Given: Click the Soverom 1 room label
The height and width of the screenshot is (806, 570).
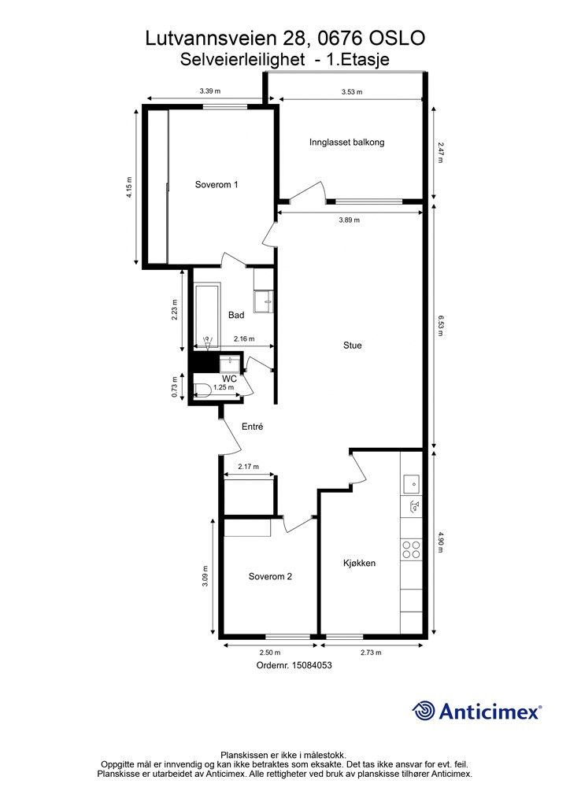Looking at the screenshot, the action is coord(217,184).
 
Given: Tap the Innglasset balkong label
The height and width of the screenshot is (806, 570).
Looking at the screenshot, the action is coord(347,142).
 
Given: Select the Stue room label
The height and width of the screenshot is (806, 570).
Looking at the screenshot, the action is coord(353,346).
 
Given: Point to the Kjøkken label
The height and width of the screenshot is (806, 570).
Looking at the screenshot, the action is coord(359,564).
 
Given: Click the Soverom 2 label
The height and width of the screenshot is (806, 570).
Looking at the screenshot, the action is coord(270,577).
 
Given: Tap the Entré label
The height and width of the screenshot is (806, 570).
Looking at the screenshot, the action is coord(253,427).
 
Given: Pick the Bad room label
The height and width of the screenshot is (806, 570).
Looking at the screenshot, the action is coord(236,315).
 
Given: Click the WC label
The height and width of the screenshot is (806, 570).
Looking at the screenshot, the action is coord(229,379).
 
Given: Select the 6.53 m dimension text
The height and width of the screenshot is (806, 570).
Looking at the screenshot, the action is coord(440,326).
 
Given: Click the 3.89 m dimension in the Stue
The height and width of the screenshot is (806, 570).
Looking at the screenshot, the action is coord(350,220).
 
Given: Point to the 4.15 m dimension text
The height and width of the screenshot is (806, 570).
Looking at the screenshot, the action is coord(130,187).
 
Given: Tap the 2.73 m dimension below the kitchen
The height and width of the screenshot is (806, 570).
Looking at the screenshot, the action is coord(371,653).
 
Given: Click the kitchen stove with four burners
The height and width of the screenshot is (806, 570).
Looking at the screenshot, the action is coord(411,549).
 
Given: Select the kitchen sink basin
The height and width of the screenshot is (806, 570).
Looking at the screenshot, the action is coord(411,484).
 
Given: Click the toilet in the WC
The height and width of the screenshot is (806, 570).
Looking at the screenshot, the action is coord(202,390).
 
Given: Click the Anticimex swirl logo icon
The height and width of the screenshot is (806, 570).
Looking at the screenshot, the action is coord(424,711).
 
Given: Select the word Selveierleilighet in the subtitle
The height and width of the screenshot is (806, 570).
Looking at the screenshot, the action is coord(242,60).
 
